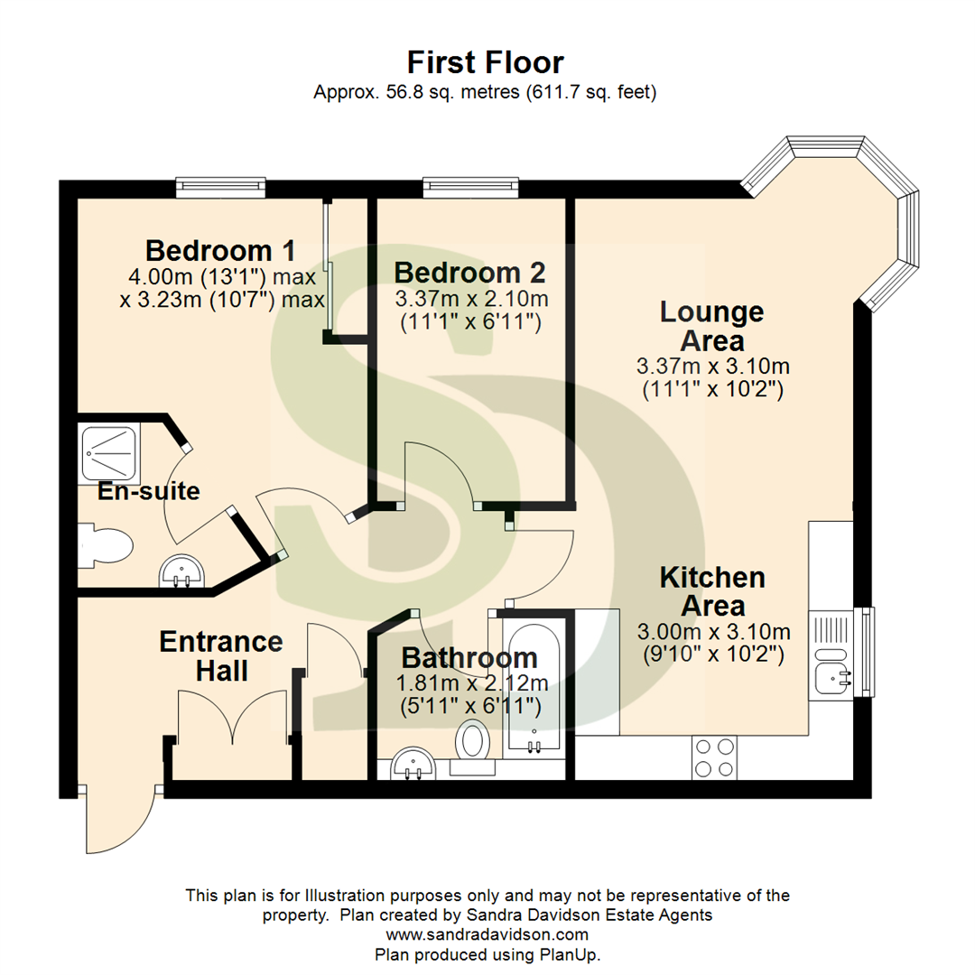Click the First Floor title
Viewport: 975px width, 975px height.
point(485,62)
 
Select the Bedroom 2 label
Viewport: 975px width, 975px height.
point(469,272)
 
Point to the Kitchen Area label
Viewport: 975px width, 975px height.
point(712,590)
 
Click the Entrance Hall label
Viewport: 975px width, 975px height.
point(221,655)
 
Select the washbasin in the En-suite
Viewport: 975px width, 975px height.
point(183,571)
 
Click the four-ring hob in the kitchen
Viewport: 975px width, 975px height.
point(714,757)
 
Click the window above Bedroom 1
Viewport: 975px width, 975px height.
point(221,186)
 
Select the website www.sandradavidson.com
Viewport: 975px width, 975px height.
point(487,934)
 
